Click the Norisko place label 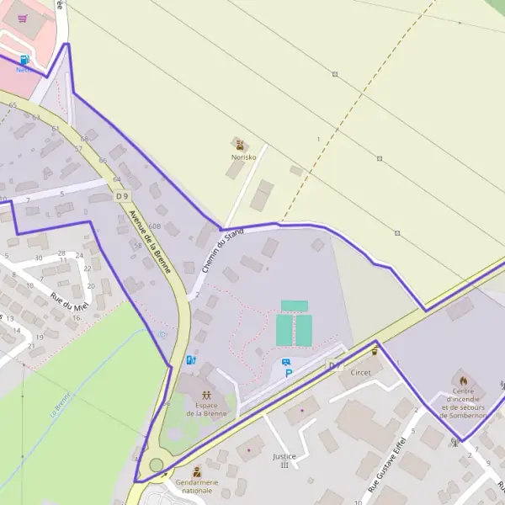244,157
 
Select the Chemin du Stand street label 222,250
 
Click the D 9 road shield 123,195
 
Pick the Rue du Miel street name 70,300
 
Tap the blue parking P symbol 289,374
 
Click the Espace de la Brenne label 206,408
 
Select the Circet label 361,372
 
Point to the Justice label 284,456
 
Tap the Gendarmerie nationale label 196,486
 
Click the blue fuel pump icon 24,60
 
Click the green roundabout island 156,465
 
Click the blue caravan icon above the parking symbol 286,362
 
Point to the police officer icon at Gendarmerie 196,472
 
